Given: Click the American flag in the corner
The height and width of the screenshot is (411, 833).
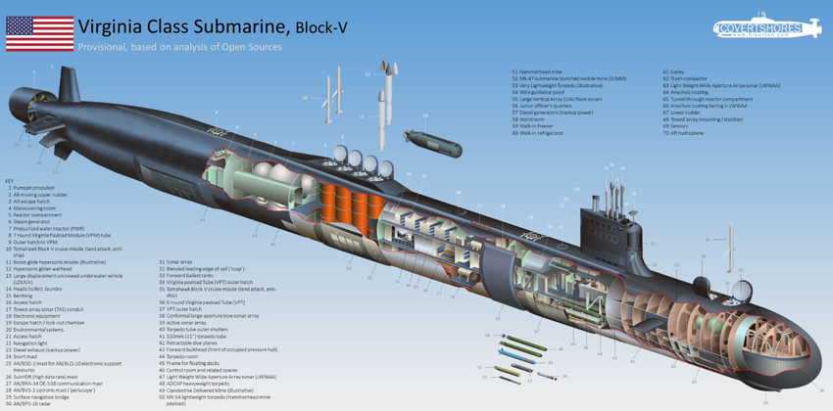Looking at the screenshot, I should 39,32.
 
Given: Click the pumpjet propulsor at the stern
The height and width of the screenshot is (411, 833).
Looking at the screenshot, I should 29,98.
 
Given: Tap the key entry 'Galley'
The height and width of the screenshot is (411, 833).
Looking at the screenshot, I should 677,71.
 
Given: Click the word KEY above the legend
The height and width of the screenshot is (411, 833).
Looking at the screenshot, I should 10,180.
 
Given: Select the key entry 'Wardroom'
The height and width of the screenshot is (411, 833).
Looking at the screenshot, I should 535,119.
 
